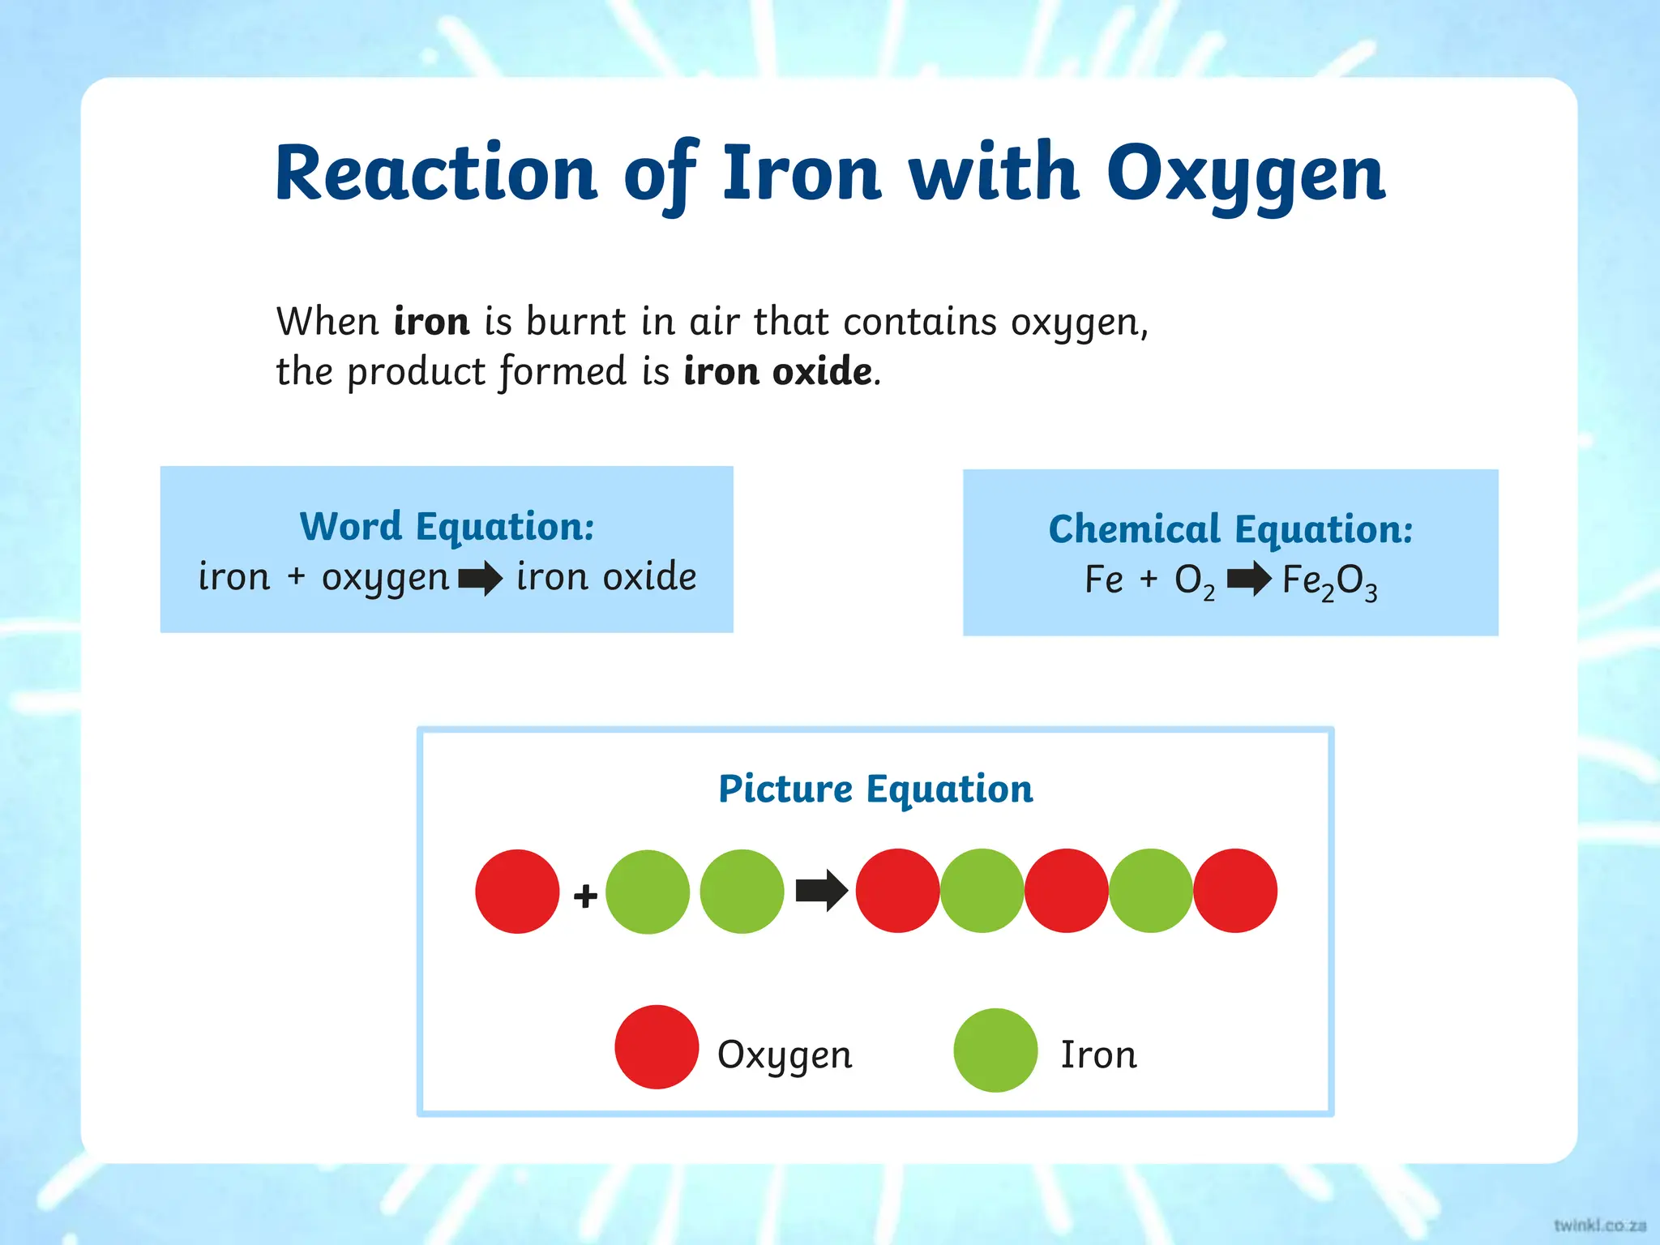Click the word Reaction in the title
(436, 173)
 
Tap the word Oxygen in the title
(1247, 174)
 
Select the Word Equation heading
(447, 526)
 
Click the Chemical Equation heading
(1230, 529)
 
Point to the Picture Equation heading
(875, 789)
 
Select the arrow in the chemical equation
(1249, 579)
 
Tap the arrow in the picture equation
(821, 891)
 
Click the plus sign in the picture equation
(585, 896)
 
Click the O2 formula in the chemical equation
(1195, 581)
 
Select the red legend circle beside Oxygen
(657, 1046)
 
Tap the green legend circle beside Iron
(995, 1050)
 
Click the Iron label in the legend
(1098, 1055)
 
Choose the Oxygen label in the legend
(785, 1055)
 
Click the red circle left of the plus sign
(517, 891)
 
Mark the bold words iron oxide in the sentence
(778, 371)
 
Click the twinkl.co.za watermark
(1599, 1225)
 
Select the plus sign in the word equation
(297, 576)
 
